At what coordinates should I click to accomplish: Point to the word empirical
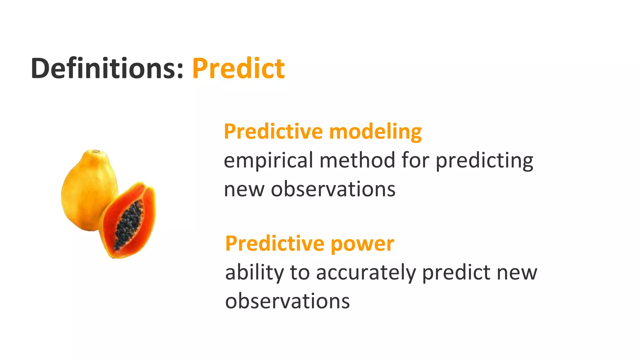(268, 161)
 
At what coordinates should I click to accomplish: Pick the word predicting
(484, 161)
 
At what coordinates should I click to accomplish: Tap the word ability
(254, 272)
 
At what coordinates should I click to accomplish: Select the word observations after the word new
(333, 189)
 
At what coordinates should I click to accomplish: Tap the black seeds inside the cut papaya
(128, 225)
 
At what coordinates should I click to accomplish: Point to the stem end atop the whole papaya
(95, 152)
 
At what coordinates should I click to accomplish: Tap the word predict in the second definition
(456, 272)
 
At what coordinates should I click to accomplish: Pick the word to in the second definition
(300, 272)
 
